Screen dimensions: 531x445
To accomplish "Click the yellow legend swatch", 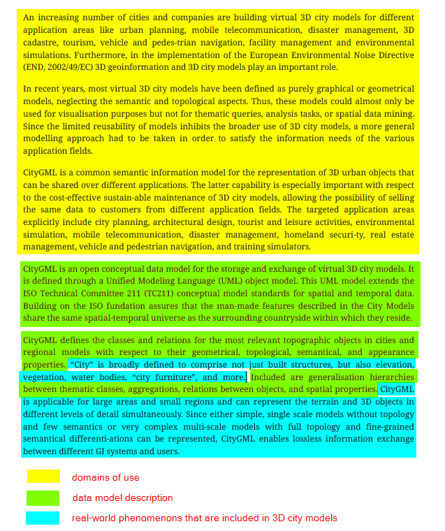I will (x=43, y=477).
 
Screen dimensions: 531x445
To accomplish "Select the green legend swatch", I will (x=43, y=497).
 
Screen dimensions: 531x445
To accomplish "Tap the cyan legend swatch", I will (x=43, y=518).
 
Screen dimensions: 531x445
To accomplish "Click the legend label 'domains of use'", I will (x=105, y=477).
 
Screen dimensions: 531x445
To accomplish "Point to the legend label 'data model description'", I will (x=122, y=497).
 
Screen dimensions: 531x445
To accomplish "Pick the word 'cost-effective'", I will (x=82, y=196).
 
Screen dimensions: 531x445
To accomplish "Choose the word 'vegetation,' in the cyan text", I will (x=45, y=377).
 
